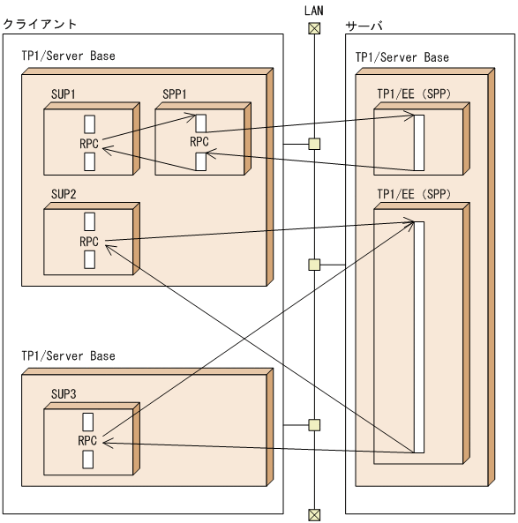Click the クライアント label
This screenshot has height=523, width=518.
point(40,24)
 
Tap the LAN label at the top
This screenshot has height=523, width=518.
point(314,9)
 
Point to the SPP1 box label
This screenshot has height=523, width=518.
point(176,93)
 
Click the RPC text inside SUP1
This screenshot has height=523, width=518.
point(88,142)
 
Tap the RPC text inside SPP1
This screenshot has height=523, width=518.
point(199,142)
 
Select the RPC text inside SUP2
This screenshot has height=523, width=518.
point(88,242)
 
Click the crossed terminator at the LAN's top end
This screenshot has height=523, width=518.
point(314,27)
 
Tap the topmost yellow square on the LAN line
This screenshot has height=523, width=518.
point(314,144)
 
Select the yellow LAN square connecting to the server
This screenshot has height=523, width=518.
point(314,265)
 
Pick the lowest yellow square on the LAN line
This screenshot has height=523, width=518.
point(314,425)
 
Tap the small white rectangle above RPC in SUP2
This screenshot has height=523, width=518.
point(89,221)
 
